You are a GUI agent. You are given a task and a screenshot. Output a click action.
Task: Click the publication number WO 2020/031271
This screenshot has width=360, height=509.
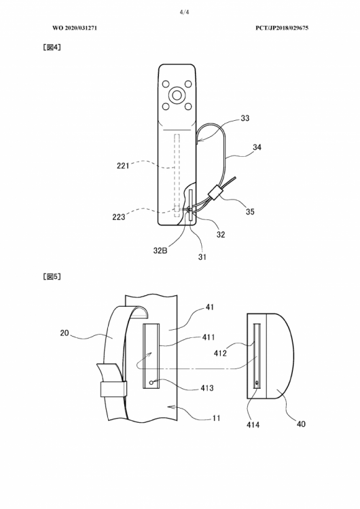click(75, 28)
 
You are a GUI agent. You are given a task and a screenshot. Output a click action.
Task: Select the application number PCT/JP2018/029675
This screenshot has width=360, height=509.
click(282, 28)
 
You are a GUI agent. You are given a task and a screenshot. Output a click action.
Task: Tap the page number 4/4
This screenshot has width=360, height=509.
click(184, 12)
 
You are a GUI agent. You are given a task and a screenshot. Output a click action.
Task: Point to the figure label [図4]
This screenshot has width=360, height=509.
click(52, 48)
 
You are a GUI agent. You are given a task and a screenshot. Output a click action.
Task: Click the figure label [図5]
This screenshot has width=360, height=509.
click(52, 277)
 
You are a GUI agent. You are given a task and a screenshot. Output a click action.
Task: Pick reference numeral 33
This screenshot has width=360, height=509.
click(245, 118)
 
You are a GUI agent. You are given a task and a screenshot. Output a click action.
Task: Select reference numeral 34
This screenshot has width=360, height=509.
click(257, 147)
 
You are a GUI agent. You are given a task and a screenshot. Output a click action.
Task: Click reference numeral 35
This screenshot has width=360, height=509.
click(250, 212)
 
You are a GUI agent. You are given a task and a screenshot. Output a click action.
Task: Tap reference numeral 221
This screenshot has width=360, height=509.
click(123, 166)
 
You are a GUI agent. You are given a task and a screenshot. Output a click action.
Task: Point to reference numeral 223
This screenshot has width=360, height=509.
click(119, 217)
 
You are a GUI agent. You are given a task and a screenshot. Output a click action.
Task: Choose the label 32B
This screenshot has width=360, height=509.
click(160, 250)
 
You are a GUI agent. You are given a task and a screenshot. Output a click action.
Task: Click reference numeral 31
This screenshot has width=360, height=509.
click(202, 257)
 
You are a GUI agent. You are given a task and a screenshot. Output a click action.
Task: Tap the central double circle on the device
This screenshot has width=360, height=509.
click(177, 95)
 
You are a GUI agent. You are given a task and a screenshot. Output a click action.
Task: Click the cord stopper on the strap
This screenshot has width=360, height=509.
click(215, 191)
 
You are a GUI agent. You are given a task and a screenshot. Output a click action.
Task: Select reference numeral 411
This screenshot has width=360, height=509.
click(209, 337)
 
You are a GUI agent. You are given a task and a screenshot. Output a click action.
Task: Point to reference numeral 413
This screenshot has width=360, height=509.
click(207, 388)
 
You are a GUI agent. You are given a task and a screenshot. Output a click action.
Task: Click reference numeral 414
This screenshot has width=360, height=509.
click(253, 425)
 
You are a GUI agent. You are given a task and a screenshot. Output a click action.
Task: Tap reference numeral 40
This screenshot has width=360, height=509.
click(301, 424)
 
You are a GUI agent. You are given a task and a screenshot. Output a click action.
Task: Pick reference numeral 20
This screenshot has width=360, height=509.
click(65, 333)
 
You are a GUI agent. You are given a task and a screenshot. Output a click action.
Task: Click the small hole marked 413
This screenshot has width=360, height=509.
click(151, 383)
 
